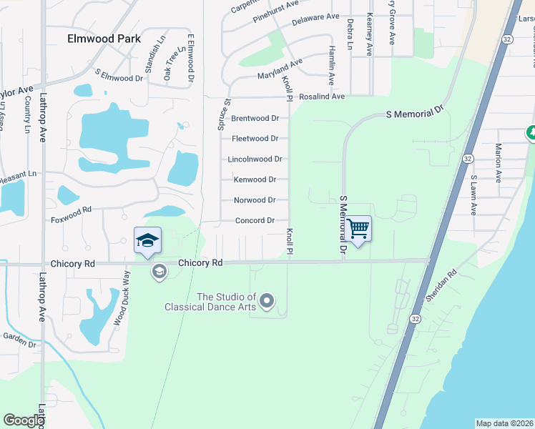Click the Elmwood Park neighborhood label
[x=101, y=39]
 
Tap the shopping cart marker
[x=359, y=229]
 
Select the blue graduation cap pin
[x=147, y=240]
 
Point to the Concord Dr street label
[x=255, y=221]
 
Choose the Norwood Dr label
[x=255, y=200]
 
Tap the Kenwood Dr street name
[x=255, y=179]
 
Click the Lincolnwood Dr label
[x=255, y=159]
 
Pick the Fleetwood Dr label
[x=255, y=139]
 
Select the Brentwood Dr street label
[x=255, y=118]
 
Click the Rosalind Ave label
[x=322, y=97]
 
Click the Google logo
[x=24, y=420]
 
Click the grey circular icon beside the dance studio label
[x=267, y=302]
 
